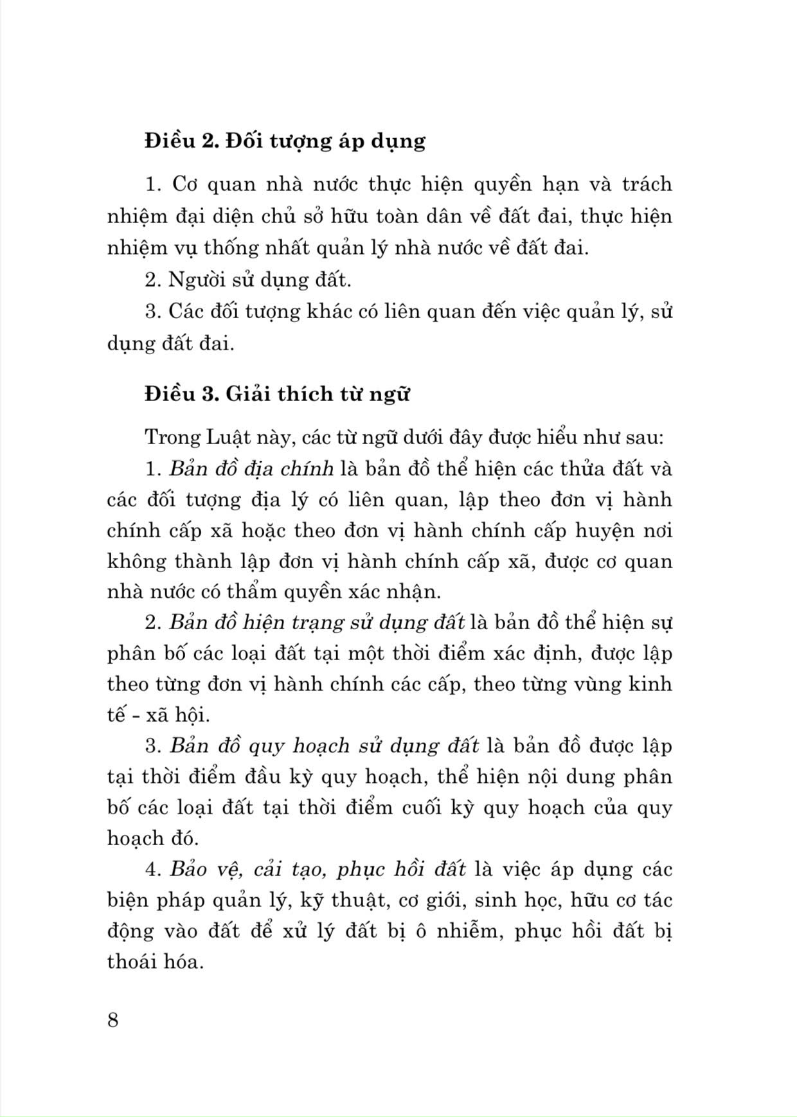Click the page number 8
(113, 1020)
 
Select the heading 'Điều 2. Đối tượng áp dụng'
(285, 141)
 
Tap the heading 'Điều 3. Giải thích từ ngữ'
(277, 393)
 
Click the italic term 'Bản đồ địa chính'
(251, 469)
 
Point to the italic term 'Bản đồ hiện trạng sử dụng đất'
(317, 622)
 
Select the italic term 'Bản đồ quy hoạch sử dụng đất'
(324, 746)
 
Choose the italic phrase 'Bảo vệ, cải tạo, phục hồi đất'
(318, 869)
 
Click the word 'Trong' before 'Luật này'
(166, 438)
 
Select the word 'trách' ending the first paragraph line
(647, 184)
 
